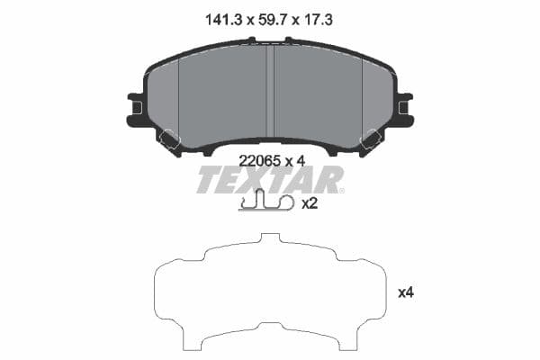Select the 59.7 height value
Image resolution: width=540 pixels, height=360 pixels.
270,18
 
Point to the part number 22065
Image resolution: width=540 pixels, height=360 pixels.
259,161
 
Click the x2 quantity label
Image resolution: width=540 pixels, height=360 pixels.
310,203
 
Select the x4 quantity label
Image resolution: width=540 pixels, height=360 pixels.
406,292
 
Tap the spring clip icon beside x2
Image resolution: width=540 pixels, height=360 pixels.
266,204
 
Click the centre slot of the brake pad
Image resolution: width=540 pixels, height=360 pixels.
271,90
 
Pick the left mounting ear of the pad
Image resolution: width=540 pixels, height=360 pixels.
138,109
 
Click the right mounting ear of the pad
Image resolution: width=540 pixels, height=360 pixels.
402,109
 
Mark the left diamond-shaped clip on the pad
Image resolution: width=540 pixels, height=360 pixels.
169,139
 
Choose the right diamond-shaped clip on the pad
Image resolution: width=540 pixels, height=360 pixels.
370,139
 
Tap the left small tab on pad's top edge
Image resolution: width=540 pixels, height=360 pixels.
252,40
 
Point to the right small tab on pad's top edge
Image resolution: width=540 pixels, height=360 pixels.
289,40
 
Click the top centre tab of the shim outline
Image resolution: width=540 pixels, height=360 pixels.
270,239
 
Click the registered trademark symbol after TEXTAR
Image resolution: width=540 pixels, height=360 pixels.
343,168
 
